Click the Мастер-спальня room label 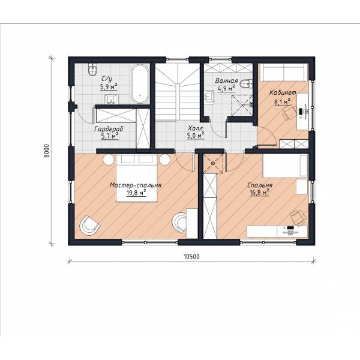click(136, 185)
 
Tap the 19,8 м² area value click(136, 193)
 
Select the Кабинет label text click(283, 93)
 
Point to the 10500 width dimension click(191, 257)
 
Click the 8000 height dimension click(46, 151)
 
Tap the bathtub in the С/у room click(140, 84)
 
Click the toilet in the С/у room click(92, 70)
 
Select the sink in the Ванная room click(209, 97)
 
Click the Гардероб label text click(109, 129)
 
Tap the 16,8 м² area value click(259, 193)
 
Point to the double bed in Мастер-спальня click(137, 178)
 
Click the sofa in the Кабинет click(283, 73)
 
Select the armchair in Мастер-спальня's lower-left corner click(89, 225)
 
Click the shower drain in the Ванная click(242, 104)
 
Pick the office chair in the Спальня click(298, 217)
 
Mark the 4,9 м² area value click(226, 88)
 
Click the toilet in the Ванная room click(245, 84)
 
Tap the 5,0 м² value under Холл click(196, 136)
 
